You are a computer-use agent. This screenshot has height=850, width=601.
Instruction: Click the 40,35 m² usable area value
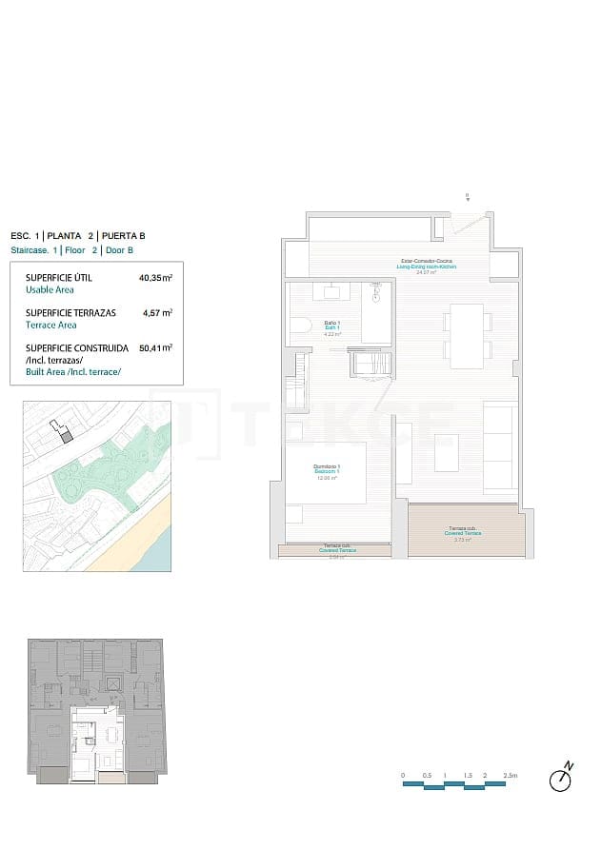click(155, 279)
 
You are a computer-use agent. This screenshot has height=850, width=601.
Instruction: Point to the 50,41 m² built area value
click(155, 348)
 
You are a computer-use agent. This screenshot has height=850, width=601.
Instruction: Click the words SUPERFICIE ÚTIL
click(58, 279)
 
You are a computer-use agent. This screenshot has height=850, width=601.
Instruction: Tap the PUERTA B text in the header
click(123, 235)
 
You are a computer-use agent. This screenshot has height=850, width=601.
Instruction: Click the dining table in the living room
click(467, 335)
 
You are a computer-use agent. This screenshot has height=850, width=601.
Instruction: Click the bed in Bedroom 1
click(327, 473)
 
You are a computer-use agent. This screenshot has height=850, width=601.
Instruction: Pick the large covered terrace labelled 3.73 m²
click(467, 531)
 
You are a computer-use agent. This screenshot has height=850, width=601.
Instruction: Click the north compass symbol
click(561, 780)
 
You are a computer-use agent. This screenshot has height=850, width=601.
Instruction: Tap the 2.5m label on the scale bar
click(511, 777)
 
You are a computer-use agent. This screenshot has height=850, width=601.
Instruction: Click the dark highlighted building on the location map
click(65, 434)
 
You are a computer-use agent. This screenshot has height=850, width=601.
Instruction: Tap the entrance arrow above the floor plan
click(468, 197)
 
